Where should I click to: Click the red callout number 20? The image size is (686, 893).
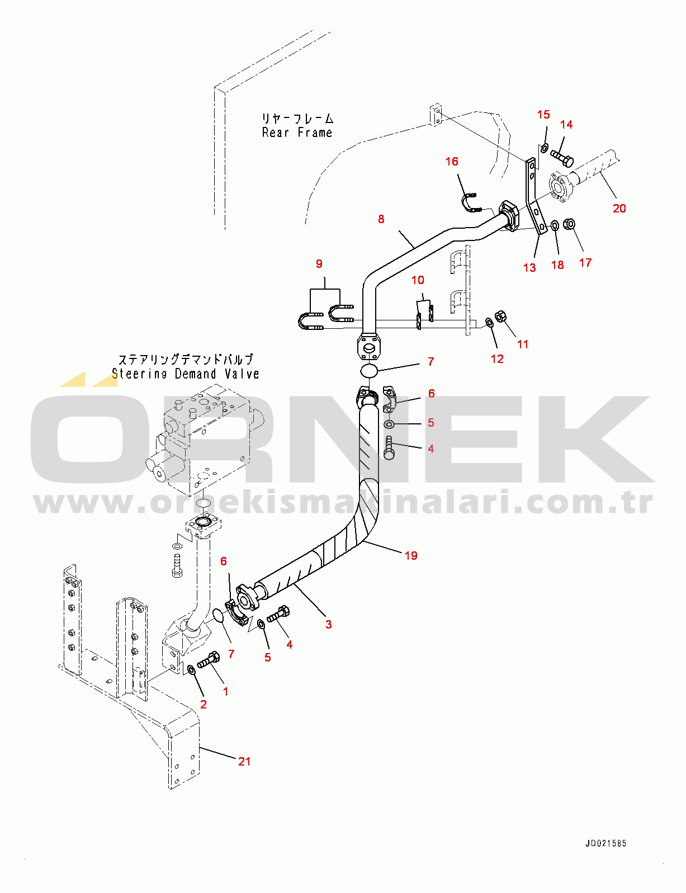point(619,209)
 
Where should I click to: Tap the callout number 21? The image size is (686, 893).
point(244,761)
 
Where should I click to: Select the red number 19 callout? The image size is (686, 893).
point(411,555)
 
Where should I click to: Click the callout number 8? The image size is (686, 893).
point(381,219)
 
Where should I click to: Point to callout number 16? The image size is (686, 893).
point(452,162)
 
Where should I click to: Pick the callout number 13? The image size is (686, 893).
point(529,268)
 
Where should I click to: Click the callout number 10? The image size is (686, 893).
point(418,280)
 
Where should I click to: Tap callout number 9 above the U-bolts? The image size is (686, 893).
point(319,264)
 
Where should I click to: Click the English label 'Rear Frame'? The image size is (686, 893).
point(297,133)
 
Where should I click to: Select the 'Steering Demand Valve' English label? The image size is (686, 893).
point(186,374)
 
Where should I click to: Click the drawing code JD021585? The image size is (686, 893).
point(605,843)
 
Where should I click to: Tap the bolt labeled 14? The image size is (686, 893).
point(562,158)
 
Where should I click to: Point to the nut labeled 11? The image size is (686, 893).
point(501,316)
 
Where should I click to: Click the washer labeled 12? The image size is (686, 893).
point(489,322)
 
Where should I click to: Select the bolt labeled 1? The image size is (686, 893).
point(208,660)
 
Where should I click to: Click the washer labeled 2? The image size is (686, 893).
point(191,669)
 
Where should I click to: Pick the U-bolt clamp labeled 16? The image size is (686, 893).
point(470,203)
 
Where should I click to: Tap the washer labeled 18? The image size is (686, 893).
point(555,226)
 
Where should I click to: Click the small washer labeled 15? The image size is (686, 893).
point(543,148)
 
